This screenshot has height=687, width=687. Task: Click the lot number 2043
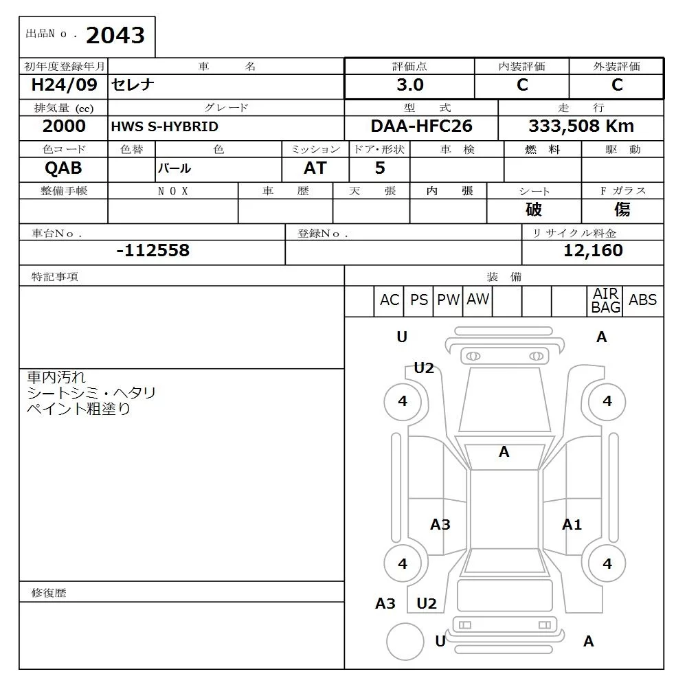tap(115, 36)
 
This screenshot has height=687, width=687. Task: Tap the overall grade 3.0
tap(409, 85)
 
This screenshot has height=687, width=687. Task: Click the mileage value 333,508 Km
tap(581, 126)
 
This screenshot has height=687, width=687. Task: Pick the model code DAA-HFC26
tap(421, 126)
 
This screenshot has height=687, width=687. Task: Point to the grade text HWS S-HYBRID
tap(164, 127)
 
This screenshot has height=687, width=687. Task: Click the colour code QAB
tap(63, 168)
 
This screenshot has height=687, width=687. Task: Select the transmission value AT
tap(315, 168)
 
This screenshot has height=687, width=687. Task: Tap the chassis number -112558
tap(153, 251)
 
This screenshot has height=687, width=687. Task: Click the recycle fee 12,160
tap(592, 251)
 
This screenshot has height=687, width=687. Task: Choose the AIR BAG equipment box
tap(605, 301)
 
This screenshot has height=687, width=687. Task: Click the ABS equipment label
tap(642, 300)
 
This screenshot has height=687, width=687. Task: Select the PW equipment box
tap(448, 300)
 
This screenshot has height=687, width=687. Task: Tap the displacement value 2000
tap(64, 126)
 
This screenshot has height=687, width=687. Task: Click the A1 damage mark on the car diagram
tap(572, 525)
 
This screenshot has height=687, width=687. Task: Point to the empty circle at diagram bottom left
tap(405, 641)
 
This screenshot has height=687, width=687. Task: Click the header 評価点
tap(409, 67)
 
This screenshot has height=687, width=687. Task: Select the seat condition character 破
tap(534, 210)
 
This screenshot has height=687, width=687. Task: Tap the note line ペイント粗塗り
tap(78, 409)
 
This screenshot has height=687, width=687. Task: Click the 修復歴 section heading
tap(49, 592)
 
